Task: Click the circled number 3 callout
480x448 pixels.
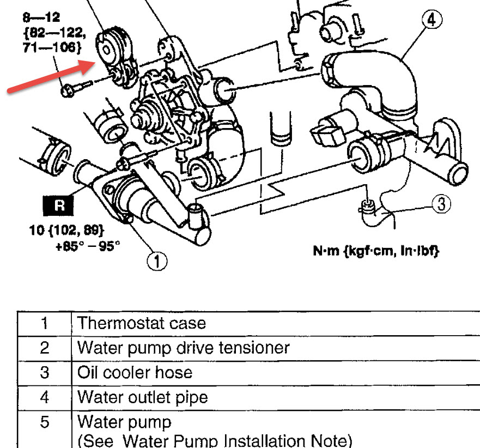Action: [x=441, y=204]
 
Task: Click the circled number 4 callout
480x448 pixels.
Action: [x=430, y=21]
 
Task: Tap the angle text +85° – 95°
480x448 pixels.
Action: [x=87, y=245]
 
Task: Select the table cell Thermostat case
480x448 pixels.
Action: [x=142, y=323]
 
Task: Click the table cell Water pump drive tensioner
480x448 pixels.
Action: [x=183, y=348]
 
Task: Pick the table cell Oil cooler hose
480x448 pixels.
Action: [x=135, y=372]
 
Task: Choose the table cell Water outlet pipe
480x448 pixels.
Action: [x=142, y=397]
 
